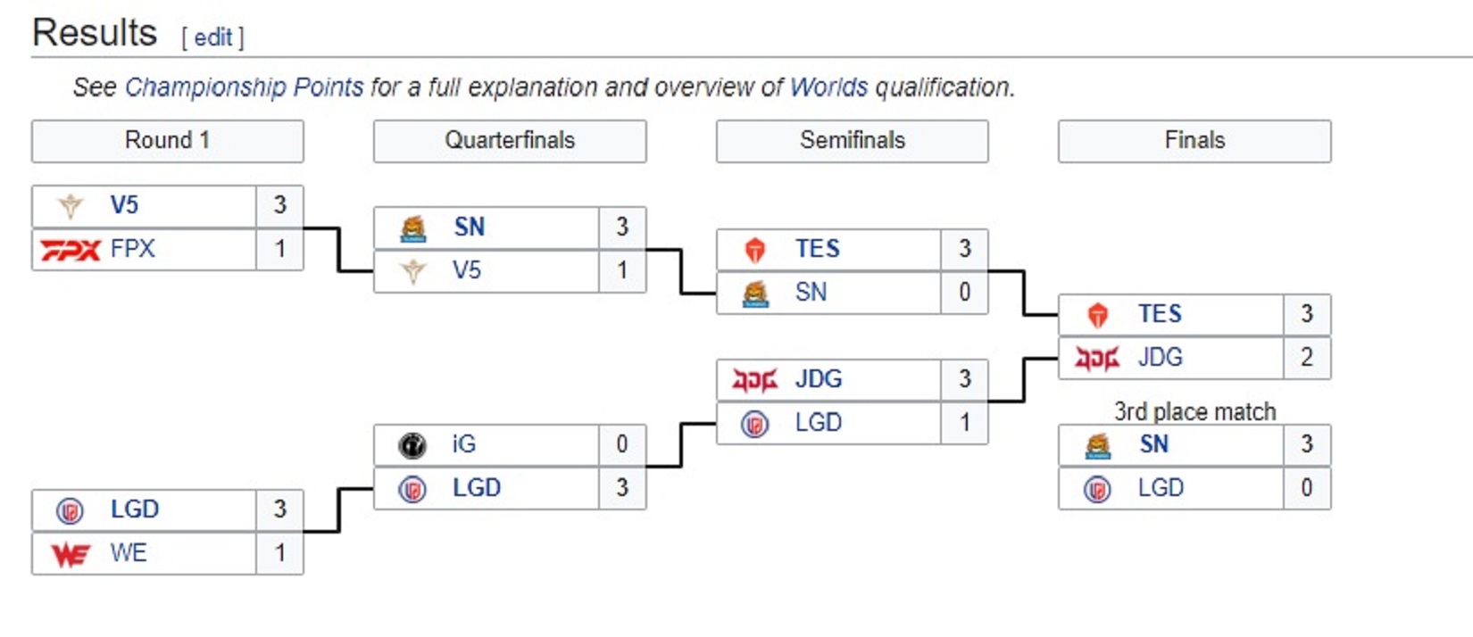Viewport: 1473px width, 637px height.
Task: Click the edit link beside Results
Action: point(213,37)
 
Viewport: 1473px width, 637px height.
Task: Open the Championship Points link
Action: point(244,87)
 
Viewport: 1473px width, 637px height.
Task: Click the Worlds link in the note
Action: point(828,87)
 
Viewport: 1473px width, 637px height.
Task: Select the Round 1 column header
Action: point(167,141)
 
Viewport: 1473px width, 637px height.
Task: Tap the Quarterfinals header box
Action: point(510,141)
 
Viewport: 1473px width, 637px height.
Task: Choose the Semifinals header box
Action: point(852,141)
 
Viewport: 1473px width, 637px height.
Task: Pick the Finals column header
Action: point(1194,141)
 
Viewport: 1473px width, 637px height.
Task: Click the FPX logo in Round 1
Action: point(70,250)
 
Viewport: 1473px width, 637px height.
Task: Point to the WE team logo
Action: point(71,555)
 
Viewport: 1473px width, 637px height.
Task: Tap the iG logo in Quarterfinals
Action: point(412,444)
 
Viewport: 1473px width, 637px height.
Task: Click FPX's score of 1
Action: point(279,249)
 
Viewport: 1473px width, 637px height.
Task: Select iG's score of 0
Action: point(622,444)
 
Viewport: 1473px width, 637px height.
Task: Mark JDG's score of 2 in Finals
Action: point(1307,358)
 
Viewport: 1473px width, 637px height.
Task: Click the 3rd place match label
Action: point(1194,411)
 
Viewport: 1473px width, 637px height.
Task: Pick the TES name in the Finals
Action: point(1160,314)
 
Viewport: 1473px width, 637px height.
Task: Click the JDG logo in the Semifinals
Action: point(754,381)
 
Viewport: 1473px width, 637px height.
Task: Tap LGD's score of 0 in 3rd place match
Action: point(1307,488)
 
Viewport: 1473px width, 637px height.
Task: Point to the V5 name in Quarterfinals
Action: point(466,270)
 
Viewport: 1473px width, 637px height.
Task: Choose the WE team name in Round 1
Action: point(129,553)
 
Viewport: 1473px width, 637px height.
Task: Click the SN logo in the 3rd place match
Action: point(1097,445)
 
